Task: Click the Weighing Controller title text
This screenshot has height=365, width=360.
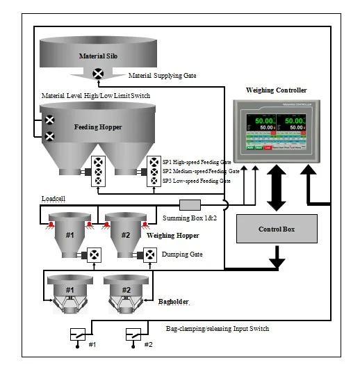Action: pyautogui.click(x=277, y=90)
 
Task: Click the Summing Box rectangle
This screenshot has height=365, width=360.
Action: pyautogui.click(x=190, y=204)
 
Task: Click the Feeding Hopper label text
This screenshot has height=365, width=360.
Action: pyautogui.click(x=98, y=128)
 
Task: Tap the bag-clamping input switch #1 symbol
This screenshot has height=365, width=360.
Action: pyautogui.click(x=78, y=334)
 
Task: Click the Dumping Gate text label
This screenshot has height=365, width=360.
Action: pyautogui.click(x=183, y=254)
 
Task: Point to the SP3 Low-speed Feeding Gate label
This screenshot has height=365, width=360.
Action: pyautogui.click(x=197, y=181)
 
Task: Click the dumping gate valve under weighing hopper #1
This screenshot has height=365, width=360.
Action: pyautogui.click(x=93, y=254)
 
